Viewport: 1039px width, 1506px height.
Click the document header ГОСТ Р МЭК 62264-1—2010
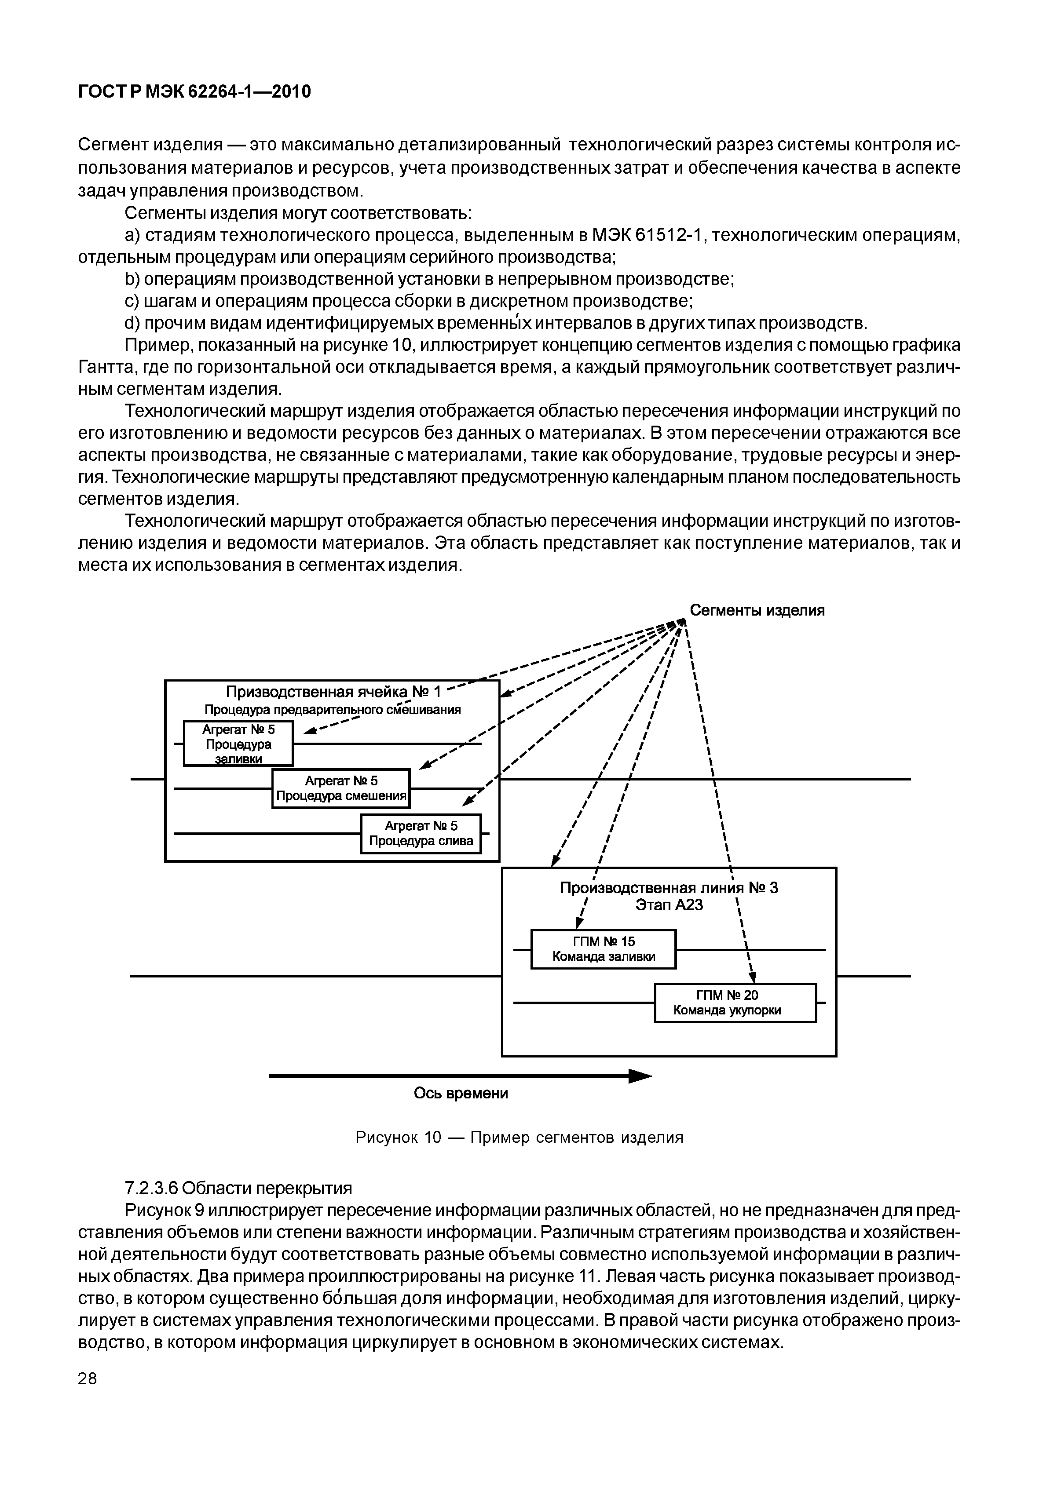[x=194, y=92]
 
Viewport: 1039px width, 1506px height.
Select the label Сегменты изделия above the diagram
[x=757, y=610]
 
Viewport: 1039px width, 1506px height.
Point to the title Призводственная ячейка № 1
[x=333, y=691]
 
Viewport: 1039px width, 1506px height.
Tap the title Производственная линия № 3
[x=669, y=888]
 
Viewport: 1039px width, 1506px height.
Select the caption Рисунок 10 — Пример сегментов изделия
[x=519, y=1137]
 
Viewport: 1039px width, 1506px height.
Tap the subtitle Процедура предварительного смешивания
[x=333, y=709]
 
